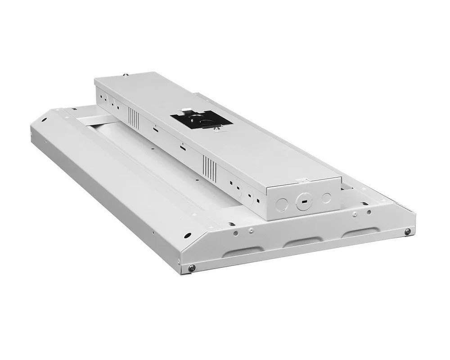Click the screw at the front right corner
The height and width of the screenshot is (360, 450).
[407, 232]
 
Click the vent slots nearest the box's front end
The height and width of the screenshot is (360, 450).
[210, 167]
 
